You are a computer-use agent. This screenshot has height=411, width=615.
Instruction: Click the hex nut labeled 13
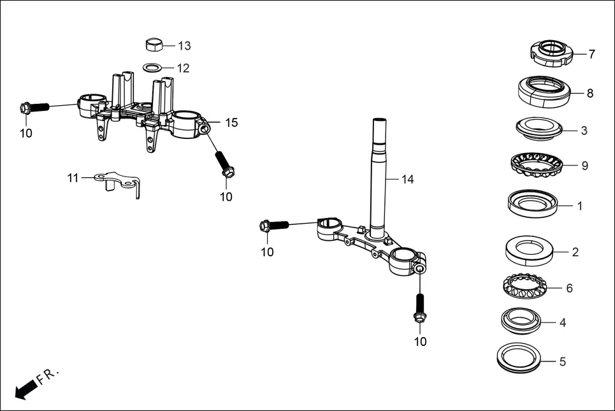tap(154, 45)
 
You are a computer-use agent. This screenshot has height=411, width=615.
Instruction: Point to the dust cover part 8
tap(544, 90)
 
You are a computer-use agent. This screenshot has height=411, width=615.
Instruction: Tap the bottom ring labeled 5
tap(521, 359)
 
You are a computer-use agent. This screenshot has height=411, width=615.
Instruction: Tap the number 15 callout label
tap(231, 122)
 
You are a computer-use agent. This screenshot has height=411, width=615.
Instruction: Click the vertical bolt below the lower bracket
tap(419, 309)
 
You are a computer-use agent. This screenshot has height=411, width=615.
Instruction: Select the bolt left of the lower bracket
tap(274, 225)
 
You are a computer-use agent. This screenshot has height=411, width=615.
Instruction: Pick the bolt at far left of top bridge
tap(34, 108)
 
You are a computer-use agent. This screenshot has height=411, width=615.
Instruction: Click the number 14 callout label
tap(407, 180)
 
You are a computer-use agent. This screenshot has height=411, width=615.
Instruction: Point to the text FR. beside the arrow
tap(47, 375)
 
